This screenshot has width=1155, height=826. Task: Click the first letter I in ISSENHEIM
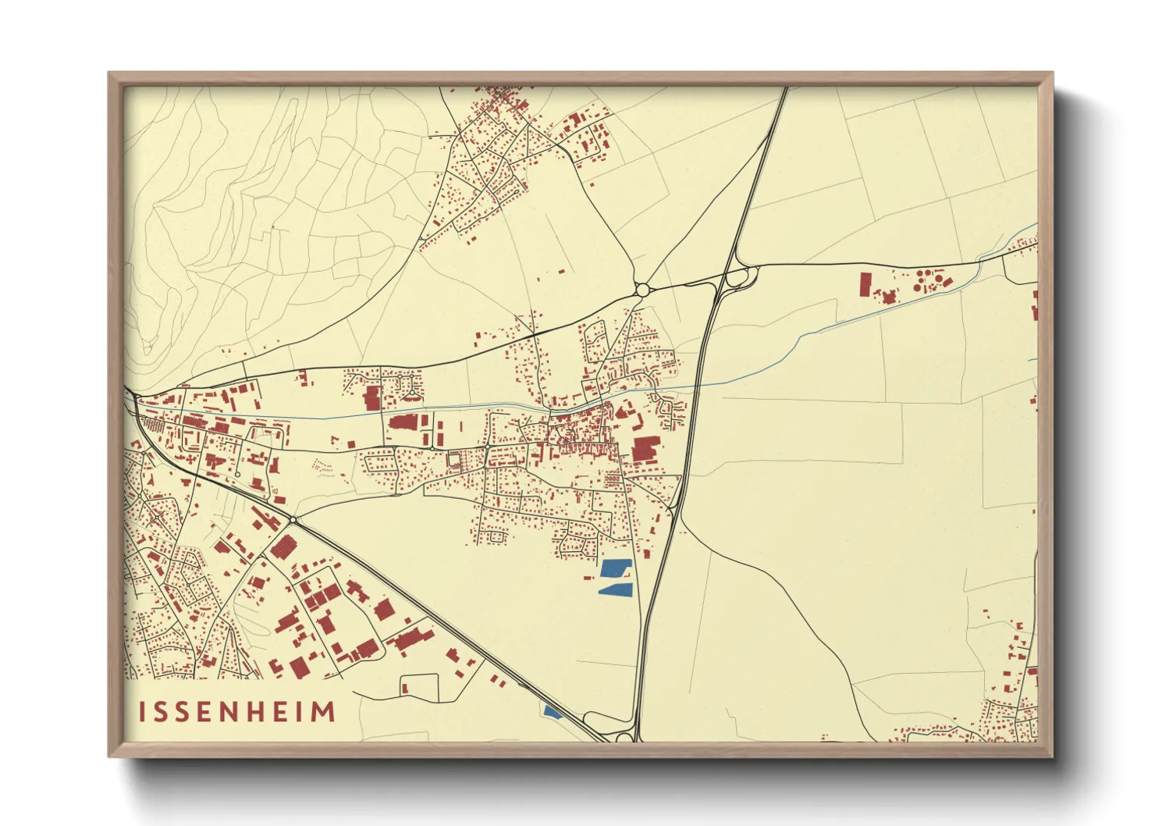143,712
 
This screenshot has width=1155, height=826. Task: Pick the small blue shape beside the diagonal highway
552,711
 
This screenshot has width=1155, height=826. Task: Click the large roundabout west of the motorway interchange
642,290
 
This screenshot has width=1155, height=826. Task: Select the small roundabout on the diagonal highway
293,520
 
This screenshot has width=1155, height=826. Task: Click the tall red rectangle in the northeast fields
865,284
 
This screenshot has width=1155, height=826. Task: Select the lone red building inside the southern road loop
405,688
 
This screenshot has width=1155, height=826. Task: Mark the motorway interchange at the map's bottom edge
624,735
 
